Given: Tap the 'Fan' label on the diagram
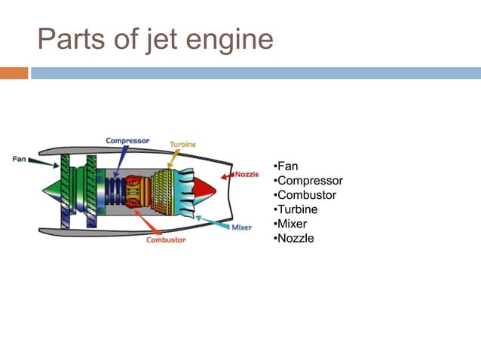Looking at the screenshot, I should click(20, 159).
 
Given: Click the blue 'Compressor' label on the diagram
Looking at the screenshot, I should click(127, 140).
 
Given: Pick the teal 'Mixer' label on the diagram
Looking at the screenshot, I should click(241, 227).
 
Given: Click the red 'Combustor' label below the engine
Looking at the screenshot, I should click(165, 240).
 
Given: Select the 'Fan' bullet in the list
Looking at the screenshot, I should click(286, 166).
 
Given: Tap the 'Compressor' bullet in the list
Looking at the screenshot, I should click(308, 181).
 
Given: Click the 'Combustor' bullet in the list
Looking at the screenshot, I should click(306, 195).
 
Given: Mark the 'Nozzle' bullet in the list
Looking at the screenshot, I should click(295, 238).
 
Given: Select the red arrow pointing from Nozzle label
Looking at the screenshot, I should click(227, 176).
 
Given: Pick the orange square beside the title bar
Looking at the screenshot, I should click(14, 73).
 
